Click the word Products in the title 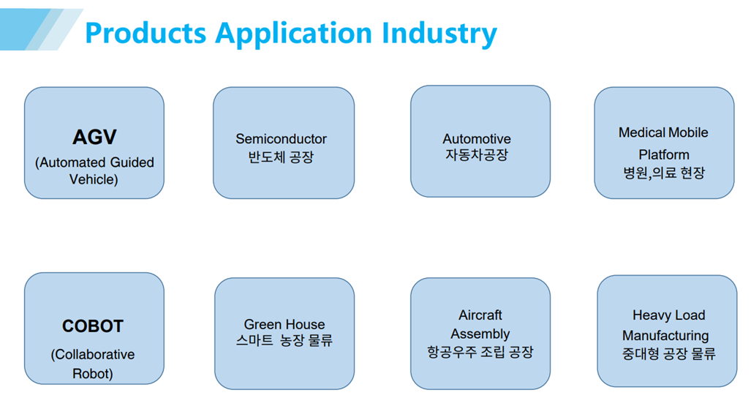pos(146,33)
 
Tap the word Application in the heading pos(293,34)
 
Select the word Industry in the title pos(439,34)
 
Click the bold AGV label pos(94,137)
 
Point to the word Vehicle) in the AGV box pos(94,179)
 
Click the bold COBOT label pos(93,326)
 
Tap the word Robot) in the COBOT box pos(92,374)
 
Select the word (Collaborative pos(92,354)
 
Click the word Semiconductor pos(281,138)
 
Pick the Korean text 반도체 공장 pos(281,157)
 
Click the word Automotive pos(477,138)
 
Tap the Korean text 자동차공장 pos(477,155)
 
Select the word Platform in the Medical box pos(664,154)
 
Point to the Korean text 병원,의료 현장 pos(664,173)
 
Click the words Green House pos(284,324)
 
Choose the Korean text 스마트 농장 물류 pos(284,340)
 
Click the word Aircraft pos(480,315)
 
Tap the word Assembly pos(480,334)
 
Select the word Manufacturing pos(665,335)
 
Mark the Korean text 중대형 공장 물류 pos(668,354)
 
